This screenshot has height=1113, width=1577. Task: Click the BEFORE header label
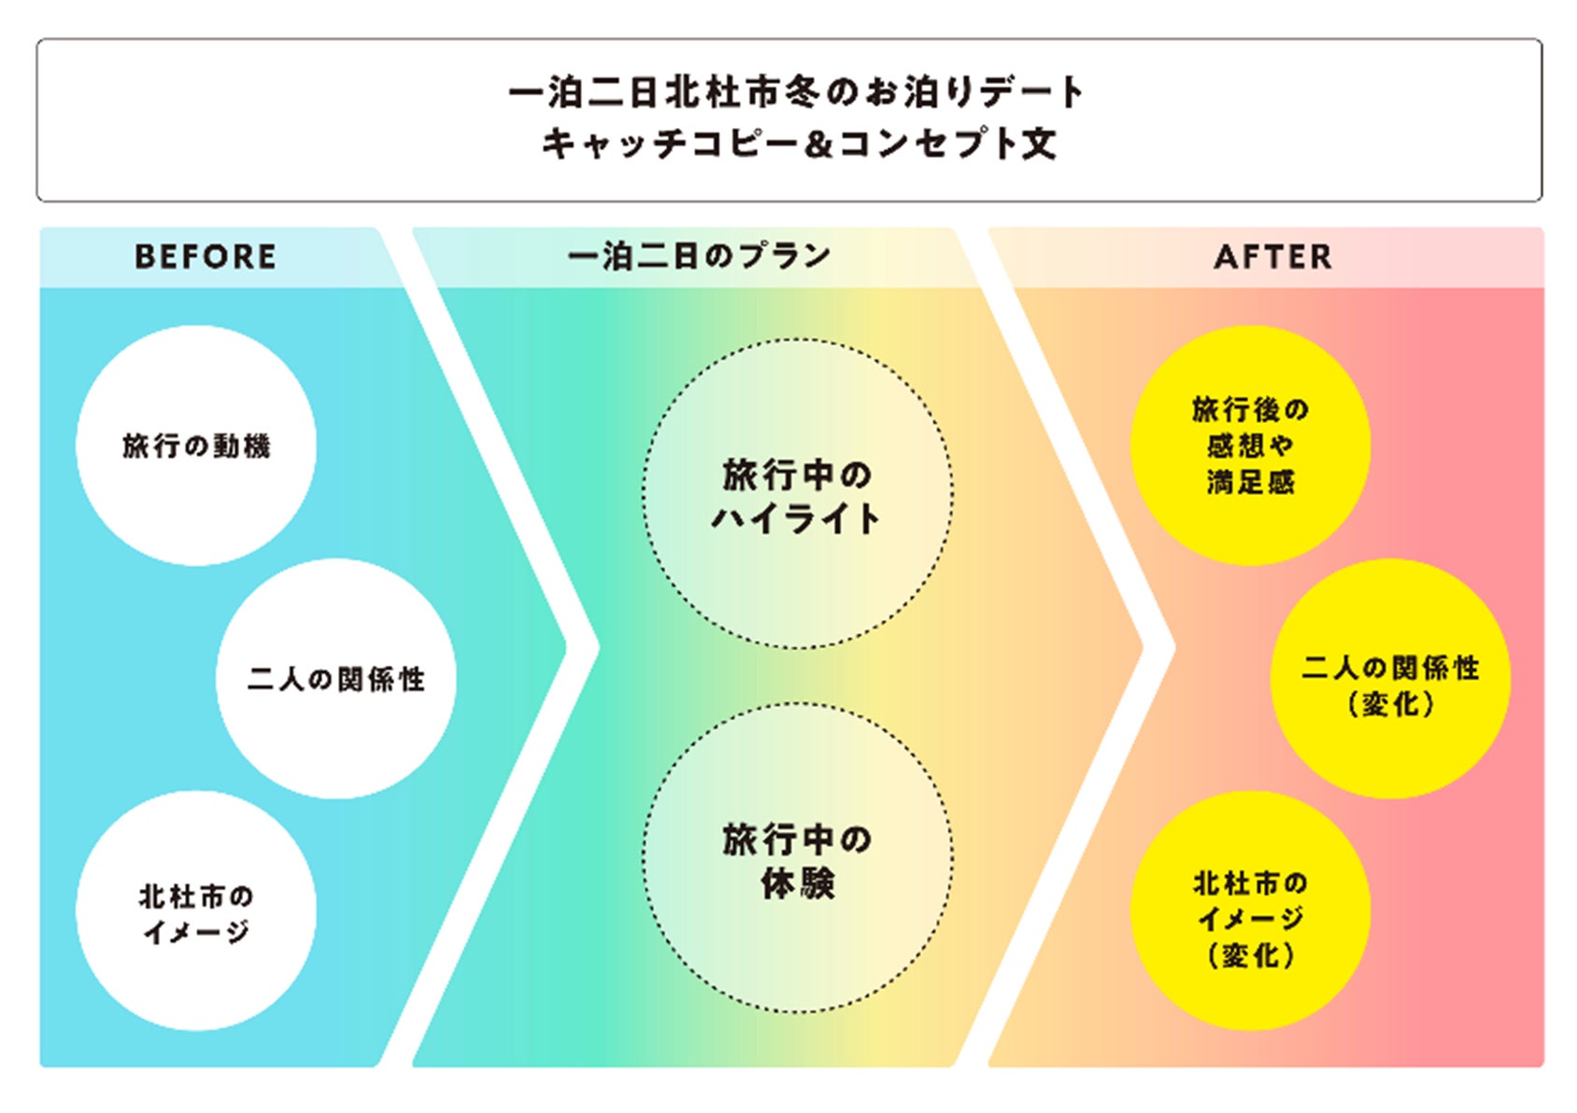click(206, 257)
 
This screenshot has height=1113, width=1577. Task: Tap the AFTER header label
click(1272, 257)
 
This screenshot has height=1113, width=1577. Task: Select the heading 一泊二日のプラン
click(699, 256)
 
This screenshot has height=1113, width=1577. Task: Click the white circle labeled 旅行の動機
click(196, 445)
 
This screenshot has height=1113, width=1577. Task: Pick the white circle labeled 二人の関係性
click(336, 679)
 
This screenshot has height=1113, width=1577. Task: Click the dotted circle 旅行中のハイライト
click(798, 494)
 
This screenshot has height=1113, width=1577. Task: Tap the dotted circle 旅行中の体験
click(798, 858)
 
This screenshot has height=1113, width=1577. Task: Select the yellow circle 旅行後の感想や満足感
click(1250, 445)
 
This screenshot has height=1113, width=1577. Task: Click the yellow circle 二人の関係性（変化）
click(1390, 679)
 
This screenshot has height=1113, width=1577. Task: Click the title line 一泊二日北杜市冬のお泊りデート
click(796, 92)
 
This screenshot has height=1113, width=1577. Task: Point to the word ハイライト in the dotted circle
click(796, 518)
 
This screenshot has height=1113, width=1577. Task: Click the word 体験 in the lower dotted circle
click(798, 882)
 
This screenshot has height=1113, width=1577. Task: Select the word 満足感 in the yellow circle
click(1250, 483)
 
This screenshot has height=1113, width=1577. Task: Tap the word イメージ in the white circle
click(196, 932)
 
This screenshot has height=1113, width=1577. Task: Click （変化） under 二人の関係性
click(1390, 704)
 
